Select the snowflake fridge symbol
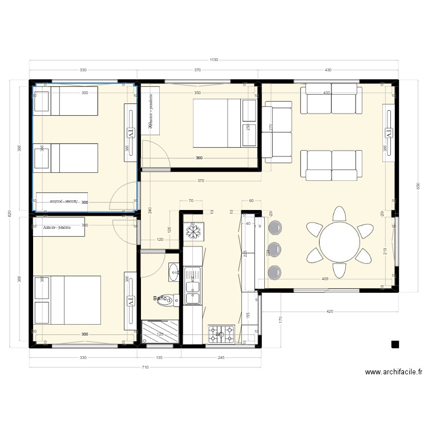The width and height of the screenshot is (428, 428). pyautogui.click(x=192, y=232)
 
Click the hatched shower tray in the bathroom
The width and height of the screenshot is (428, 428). pyautogui.click(x=160, y=331)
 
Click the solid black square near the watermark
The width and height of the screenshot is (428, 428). pyautogui.click(x=395, y=344)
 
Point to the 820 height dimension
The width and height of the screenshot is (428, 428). pyautogui.click(x=9, y=213)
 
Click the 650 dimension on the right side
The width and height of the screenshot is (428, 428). pyautogui.click(x=418, y=185)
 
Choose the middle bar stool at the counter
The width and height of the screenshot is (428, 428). pyautogui.click(x=275, y=249)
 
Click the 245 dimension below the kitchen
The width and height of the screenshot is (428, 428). pyautogui.click(x=221, y=358)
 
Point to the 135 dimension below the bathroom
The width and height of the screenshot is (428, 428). pyautogui.click(x=160, y=358)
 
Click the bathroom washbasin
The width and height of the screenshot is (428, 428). pyautogui.click(x=174, y=272)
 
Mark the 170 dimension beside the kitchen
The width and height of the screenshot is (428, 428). pyautogui.click(x=280, y=319)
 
